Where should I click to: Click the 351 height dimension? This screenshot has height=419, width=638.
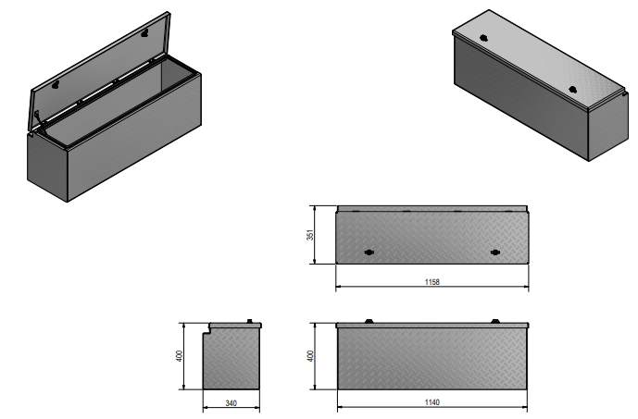pyautogui.click(x=311, y=235)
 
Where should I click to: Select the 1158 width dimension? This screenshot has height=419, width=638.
pyautogui.click(x=432, y=280)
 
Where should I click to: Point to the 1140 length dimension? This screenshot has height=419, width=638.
pyautogui.click(x=432, y=402)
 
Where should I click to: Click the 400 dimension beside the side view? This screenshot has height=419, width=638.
pyautogui.click(x=182, y=355)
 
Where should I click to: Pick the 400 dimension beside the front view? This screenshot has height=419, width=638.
pyautogui.click(x=311, y=355)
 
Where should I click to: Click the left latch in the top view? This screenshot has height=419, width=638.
pyautogui.click(x=369, y=253)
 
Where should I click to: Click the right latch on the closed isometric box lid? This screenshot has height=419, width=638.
pyautogui.click(x=573, y=90)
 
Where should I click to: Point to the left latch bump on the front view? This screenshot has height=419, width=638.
pyautogui.click(x=369, y=321)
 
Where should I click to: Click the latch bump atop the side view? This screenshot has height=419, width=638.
pyautogui.click(x=251, y=321)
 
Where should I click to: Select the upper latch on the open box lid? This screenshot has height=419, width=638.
pyautogui.click(x=145, y=32)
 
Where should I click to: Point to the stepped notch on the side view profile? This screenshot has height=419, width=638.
pyautogui.click(x=209, y=327)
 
